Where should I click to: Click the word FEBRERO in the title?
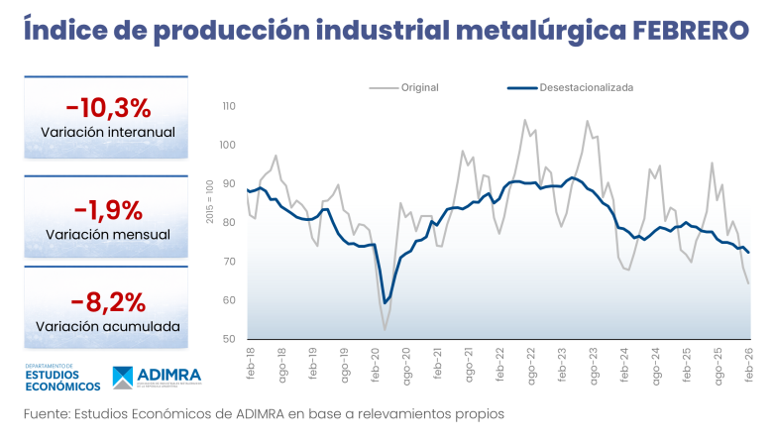coord(691,31)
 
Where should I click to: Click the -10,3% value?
coord(108,107)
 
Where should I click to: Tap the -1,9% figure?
coord(108,210)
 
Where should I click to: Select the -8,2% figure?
coord(108,301)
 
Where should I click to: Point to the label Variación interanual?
coord(108,132)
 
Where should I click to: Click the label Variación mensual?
coord(108,235)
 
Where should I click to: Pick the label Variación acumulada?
coord(108,326)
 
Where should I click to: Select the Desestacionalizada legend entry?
coord(586,87)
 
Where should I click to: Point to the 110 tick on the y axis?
coord(229,106)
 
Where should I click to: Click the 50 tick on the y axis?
coord(229,339)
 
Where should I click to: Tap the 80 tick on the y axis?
coord(229,223)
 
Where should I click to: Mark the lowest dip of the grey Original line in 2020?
coord(385,329)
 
